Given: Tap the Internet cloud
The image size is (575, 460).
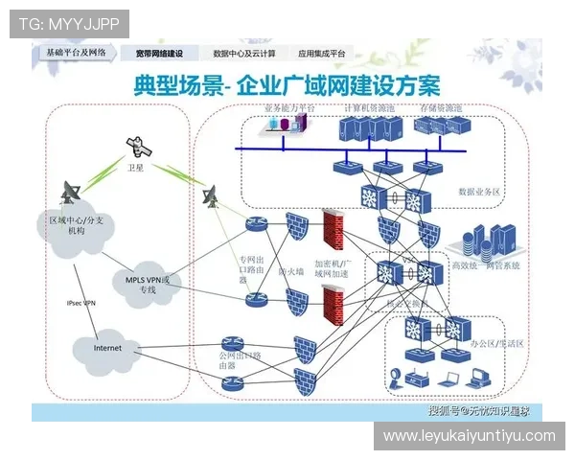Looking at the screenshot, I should tap(107, 348).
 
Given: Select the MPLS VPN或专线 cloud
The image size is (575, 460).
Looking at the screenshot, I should tap(152, 284).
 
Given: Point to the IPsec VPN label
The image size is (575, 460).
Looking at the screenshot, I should tap(80, 303).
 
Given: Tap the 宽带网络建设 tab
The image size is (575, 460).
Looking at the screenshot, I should tap(160, 55).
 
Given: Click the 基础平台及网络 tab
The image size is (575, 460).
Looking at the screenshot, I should tap(76, 54).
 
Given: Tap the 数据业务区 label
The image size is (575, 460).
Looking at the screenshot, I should tap(480, 191).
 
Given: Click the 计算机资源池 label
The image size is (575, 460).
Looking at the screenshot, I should tap(368, 108).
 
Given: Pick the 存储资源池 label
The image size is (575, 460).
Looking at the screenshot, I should tap(444, 108).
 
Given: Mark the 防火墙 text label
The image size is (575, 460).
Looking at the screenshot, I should tap(290, 271).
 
